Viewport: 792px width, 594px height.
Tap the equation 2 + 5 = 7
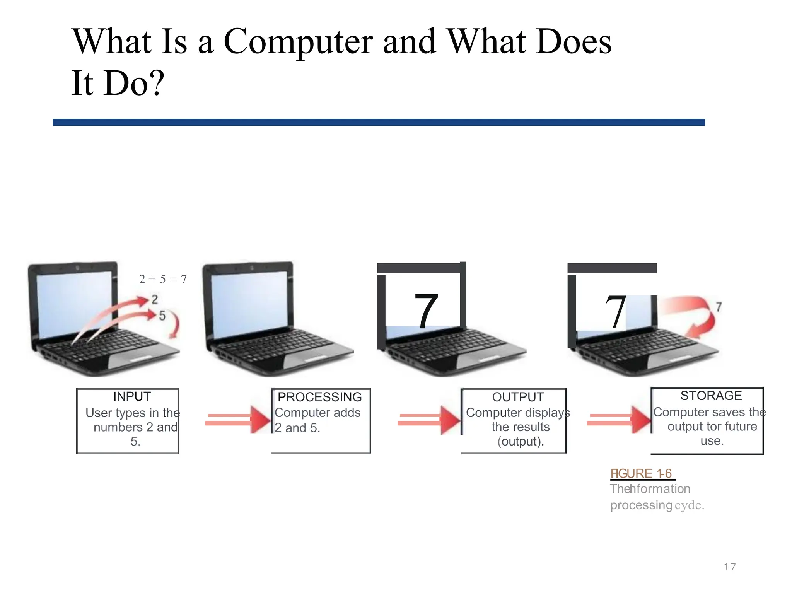163,279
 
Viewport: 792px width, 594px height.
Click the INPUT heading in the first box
131,396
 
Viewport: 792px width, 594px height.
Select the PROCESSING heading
319,397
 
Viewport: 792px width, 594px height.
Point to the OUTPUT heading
518,397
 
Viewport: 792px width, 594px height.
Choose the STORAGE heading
711,396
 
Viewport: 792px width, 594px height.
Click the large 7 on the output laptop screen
426,311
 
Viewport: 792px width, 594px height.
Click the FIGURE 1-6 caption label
641,473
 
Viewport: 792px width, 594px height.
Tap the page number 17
730,567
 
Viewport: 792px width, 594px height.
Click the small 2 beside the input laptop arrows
155,299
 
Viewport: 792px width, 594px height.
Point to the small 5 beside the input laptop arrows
162,316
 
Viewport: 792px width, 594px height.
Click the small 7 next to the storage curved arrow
719,307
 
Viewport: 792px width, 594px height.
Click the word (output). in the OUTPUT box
521,441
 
